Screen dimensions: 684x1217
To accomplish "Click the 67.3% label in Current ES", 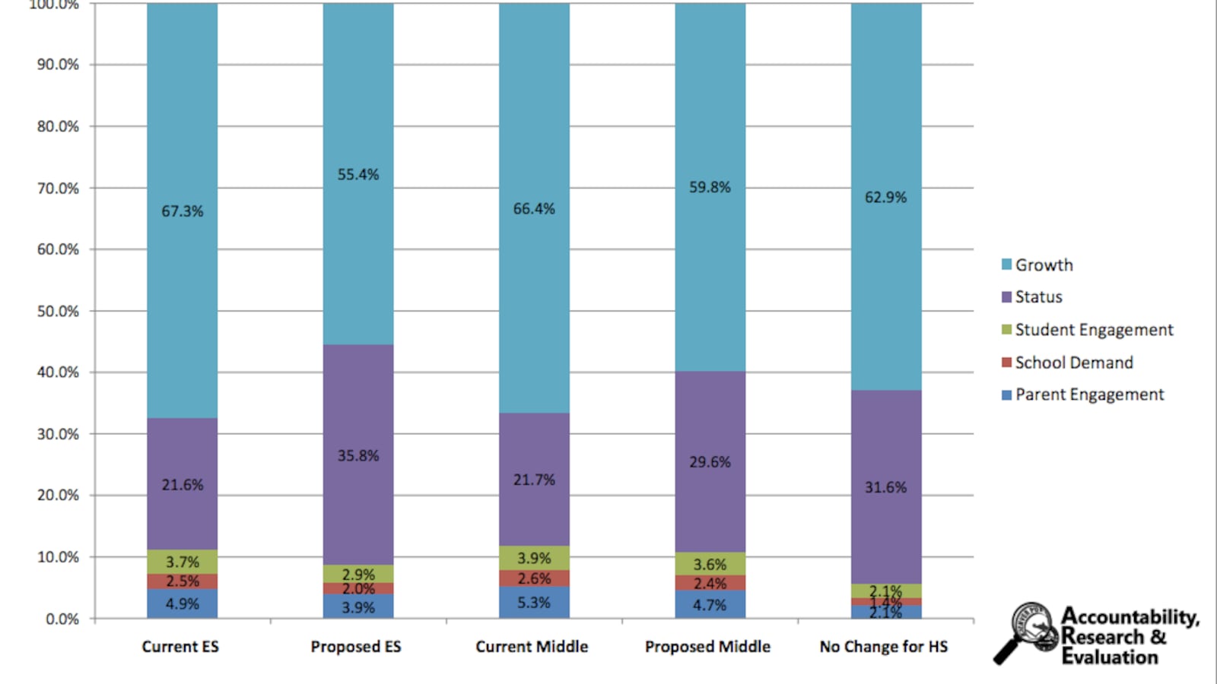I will pos(183,211).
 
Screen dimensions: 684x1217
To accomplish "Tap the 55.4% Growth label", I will pos(358,175).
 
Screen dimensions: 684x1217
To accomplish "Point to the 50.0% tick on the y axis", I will pos(58,312).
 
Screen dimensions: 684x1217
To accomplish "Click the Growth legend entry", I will pos(1044,265).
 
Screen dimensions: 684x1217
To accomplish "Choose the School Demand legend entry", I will pos(1073,363).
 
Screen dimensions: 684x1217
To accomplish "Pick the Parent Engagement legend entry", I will pos(1089,394).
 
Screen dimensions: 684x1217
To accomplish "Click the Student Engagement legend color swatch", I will pos(1006,330).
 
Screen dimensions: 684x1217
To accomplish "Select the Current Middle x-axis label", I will pos(532,647).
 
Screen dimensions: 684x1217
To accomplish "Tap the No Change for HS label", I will pos(884,647).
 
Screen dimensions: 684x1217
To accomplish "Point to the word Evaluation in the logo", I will pos(1110,657).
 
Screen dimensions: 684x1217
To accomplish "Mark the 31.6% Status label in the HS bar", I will pos(885,488).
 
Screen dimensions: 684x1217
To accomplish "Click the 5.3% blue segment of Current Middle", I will pos(534,603).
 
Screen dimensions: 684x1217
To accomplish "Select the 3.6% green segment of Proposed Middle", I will pos(710,565).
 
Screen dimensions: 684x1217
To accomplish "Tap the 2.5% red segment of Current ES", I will pos(183,581).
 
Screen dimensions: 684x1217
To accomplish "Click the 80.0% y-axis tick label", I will pos(58,126).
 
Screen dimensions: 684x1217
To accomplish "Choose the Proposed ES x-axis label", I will pos(355,647).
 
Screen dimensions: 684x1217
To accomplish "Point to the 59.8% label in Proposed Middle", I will pos(710,187).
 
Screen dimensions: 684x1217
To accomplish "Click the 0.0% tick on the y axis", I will pos(62,619).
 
